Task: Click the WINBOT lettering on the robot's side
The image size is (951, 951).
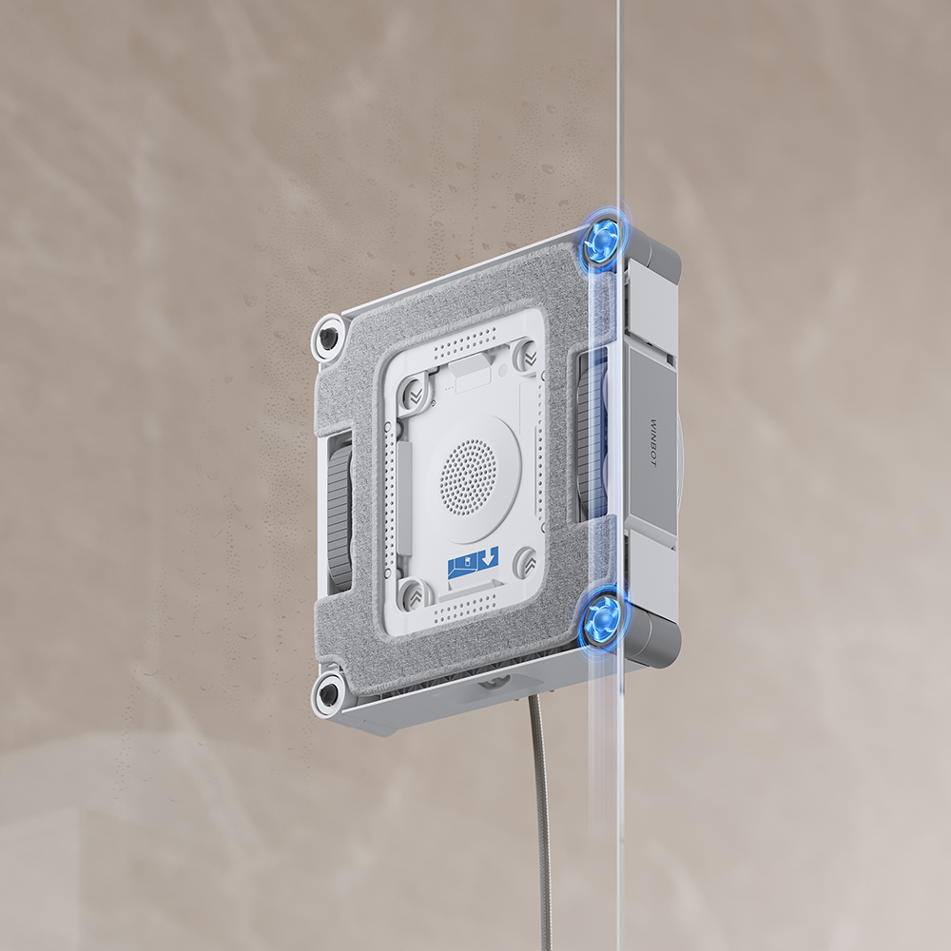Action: [653, 443]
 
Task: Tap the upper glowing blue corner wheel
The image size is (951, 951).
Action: [602, 242]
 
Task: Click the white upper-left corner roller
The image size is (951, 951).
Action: [327, 338]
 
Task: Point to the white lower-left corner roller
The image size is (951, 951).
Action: [327, 692]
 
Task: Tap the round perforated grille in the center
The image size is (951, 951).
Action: [468, 477]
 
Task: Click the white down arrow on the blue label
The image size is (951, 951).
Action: [488, 557]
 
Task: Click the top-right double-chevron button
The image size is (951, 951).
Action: [527, 356]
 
